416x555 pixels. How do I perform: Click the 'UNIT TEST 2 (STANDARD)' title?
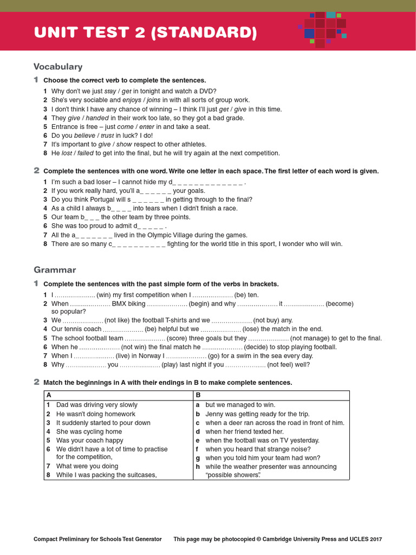tap(145, 33)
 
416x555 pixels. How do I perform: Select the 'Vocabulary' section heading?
tap(58, 67)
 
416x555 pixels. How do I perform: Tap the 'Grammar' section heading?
tap(55, 269)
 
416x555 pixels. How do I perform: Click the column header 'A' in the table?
tap(49, 395)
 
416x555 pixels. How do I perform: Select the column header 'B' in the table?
tap(198, 395)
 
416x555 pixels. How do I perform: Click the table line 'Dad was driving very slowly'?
tap(96, 405)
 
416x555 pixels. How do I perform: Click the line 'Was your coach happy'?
tap(89, 440)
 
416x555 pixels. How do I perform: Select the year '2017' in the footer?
tap(375, 539)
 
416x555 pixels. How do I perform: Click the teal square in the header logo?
tap(330, 15)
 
